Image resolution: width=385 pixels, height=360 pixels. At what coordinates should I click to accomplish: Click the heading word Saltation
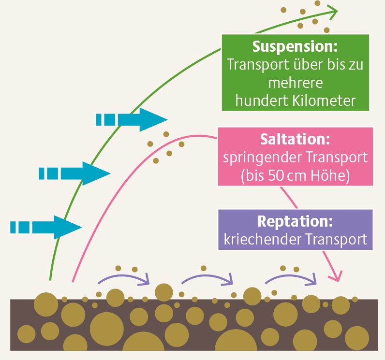pos(295,140)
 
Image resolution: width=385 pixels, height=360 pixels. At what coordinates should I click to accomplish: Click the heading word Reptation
pos(295,222)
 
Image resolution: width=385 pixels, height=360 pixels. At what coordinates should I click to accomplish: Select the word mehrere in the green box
pos(295,83)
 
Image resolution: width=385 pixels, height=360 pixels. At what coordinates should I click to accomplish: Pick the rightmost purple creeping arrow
pos(291,277)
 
